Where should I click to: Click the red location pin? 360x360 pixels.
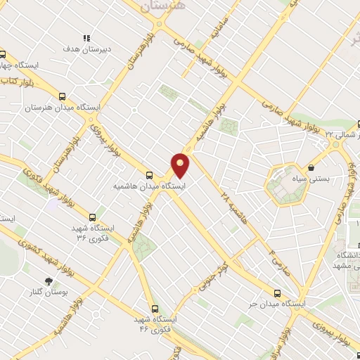pyautogui.click(x=181, y=165)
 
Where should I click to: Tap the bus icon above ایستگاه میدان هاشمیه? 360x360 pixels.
pyautogui.click(x=148, y=176)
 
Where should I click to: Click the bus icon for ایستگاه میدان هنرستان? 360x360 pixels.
pyautogui.click(x=62, y=97)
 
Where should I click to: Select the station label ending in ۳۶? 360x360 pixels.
pyautogui.click(x=92, y=232)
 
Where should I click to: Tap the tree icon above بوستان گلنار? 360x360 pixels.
pyautogui.click(x=49, y=281)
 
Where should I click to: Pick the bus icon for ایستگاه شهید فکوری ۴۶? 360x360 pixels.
pyautogui.click(x=155, y=308)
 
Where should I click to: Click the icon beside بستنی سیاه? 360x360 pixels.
pyautogui.click(x=310, y=168)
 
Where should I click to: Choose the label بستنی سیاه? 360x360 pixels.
pyautogui.click(x=328, y=179)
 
